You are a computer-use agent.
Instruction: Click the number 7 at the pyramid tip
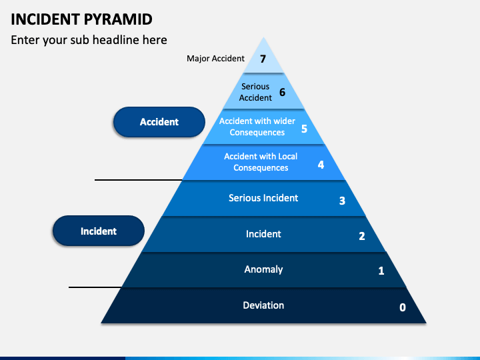(x=263, y=59)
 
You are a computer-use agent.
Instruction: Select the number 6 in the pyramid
(x=282, y=92)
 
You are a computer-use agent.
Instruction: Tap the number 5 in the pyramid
(x=304, y=129)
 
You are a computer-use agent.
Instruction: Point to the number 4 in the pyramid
(x=321, y=165)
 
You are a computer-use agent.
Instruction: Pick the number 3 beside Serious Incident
(x=342, y=201)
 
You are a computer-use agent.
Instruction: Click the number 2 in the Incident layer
(x=362, y=236)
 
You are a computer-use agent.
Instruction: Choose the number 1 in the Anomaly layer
(x=381, y=271)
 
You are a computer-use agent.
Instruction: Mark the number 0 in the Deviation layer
(x=403, y=307)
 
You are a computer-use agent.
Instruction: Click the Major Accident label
(x=215, y=58)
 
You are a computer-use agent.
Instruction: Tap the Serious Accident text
(x=255, y=92)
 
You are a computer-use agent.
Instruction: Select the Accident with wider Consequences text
(x=257, y=127)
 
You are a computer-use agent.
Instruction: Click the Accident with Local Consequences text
(x=261, y=162)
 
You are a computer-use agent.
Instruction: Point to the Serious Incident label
(x=263, y=198)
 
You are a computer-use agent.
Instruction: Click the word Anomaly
(x=263, y=269)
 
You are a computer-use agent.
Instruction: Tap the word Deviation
(x=263, y=305)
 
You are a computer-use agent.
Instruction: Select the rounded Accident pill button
(x=159, y=122)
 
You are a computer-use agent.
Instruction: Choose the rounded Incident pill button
(x=99, y=231)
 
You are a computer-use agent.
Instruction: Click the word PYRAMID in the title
(x=118, y=19)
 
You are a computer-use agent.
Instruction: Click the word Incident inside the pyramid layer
(x=263, y=234)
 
